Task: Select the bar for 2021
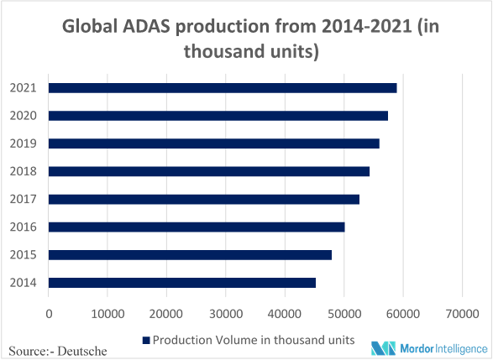223,88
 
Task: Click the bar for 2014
182,283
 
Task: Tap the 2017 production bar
204,200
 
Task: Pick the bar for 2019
214,143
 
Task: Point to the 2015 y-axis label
24,255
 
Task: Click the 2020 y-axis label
24,116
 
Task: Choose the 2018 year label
24,171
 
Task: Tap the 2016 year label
24,227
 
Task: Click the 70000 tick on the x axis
462,314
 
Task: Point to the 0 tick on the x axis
49,314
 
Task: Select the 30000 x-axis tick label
226,314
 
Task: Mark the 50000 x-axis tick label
344,314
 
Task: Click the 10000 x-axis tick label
108,314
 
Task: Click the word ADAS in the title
146,26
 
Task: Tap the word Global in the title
90,26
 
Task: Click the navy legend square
146,340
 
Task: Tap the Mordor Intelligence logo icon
383,348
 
